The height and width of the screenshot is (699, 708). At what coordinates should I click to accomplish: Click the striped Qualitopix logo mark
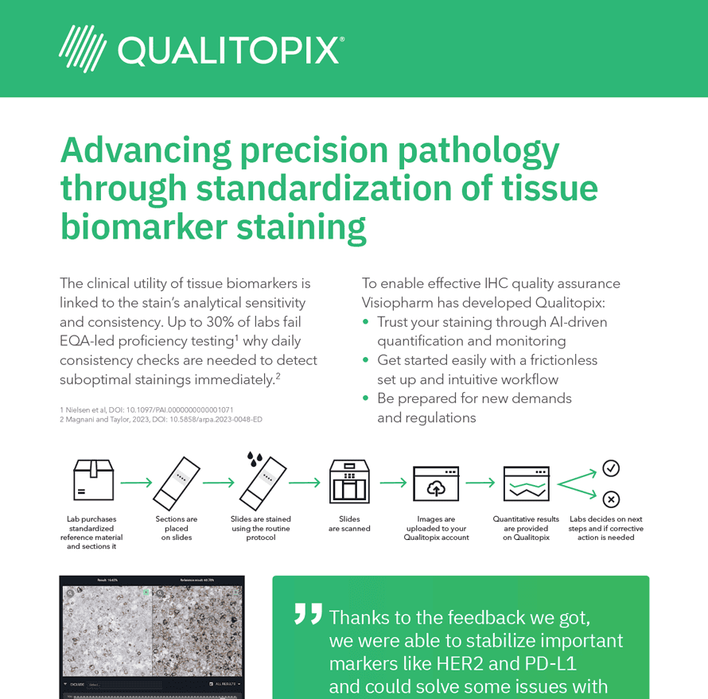[83, 49]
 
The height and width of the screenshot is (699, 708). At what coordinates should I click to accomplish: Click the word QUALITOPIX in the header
[231, 50]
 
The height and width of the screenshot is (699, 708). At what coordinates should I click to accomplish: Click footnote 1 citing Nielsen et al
[146, 410]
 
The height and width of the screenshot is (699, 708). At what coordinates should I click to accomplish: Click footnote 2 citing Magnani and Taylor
[161, 420]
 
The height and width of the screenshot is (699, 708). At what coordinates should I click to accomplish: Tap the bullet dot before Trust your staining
[366, 323]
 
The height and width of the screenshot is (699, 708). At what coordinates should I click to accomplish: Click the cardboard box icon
[93, 480]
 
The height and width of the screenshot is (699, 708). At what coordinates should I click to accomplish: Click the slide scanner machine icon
[349, 481]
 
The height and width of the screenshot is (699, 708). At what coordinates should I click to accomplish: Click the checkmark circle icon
[611, 468]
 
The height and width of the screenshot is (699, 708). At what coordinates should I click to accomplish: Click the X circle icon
[611, 499]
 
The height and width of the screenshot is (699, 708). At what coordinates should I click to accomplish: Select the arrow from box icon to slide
[136, 482]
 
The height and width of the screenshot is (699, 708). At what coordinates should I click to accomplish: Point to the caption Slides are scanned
[349, 524]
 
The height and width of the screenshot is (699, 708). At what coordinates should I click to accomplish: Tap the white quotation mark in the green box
[308, 613]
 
